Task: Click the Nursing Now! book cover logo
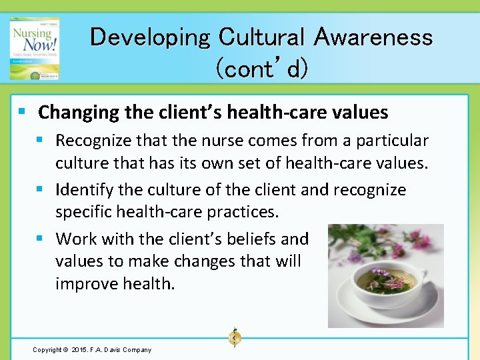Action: tap(35, 48)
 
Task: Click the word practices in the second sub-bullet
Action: tap(248, 213)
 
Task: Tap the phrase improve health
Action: tap(115, 283)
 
